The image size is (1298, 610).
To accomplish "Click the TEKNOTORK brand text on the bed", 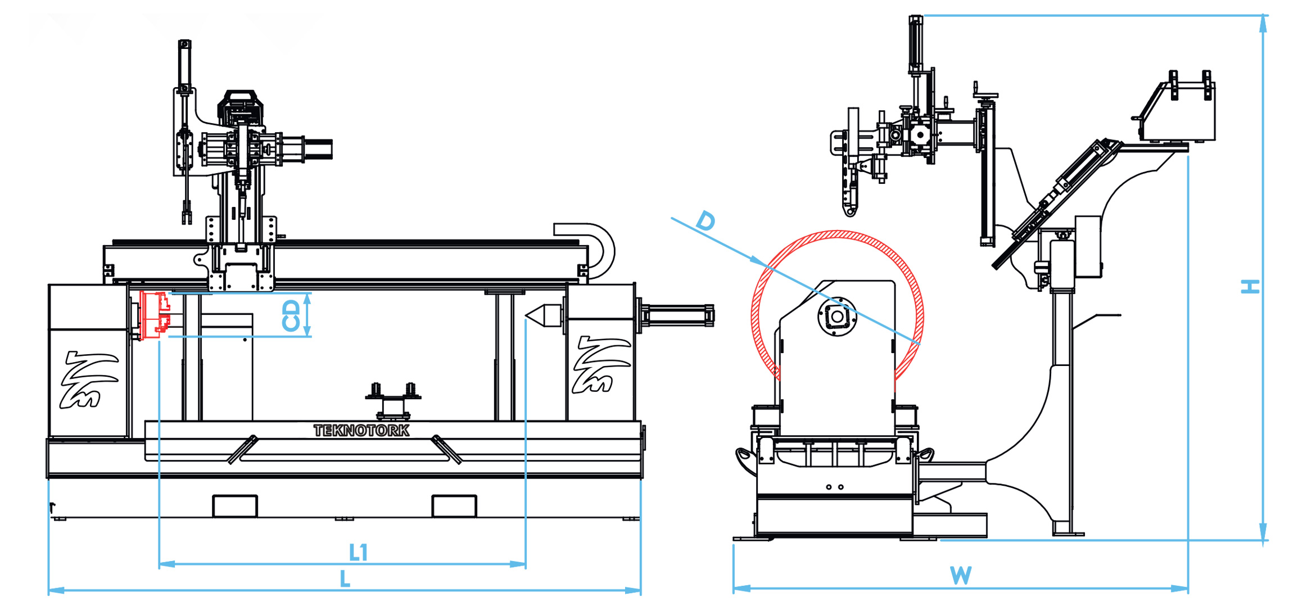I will (361, 431).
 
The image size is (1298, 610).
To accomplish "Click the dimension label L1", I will (358, 553).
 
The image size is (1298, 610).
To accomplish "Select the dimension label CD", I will (291, 315).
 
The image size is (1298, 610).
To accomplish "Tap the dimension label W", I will (961, 576).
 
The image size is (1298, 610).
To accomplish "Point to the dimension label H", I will (1250, 287).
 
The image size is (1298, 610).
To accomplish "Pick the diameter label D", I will (705, 221).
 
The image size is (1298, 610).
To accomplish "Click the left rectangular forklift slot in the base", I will (235, 506).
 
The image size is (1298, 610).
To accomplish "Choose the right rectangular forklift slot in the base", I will (454, 506).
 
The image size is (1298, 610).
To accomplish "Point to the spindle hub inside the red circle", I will (837, 317).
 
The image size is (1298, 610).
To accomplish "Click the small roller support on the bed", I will (393, 400).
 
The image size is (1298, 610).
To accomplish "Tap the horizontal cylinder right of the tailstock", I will (677, 315).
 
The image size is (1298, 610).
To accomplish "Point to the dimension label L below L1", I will (345, 579).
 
